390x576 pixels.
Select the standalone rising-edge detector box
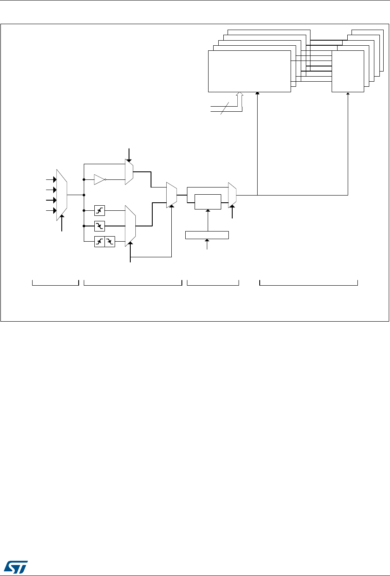99,210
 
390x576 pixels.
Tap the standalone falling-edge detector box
99,226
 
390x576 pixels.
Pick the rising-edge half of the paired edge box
99,242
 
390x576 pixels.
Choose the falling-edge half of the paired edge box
110,242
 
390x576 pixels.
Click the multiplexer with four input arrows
62,195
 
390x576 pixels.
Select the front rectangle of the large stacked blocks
250,71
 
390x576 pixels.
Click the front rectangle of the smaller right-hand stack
348,71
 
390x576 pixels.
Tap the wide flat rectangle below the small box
207,235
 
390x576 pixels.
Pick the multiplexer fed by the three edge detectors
130,225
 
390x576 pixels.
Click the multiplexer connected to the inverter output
129,172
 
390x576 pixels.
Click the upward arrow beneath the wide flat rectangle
207,244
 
